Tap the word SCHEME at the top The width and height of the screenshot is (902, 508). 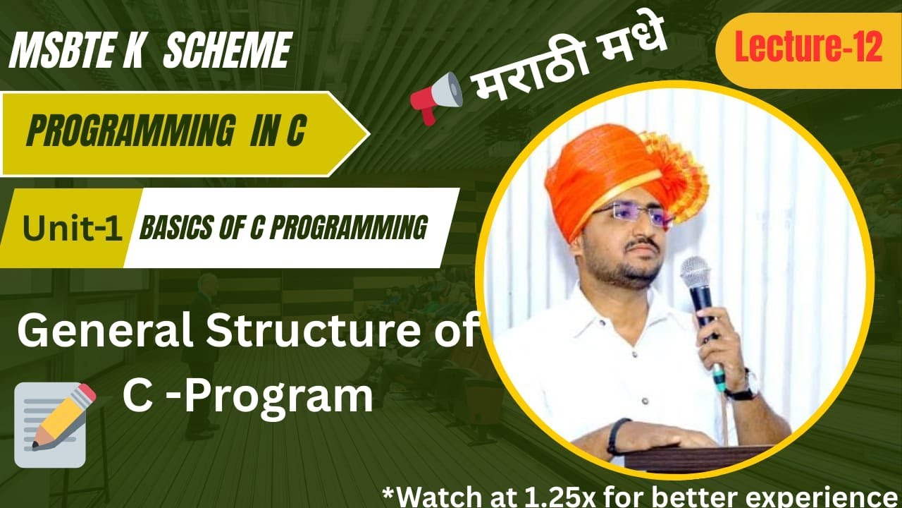coord(226,51)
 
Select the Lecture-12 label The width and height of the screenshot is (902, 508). coord(808,49)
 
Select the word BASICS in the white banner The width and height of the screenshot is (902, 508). coord(172,228)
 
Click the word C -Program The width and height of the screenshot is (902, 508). coord(247,397)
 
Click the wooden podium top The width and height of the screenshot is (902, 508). coord(698,456)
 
